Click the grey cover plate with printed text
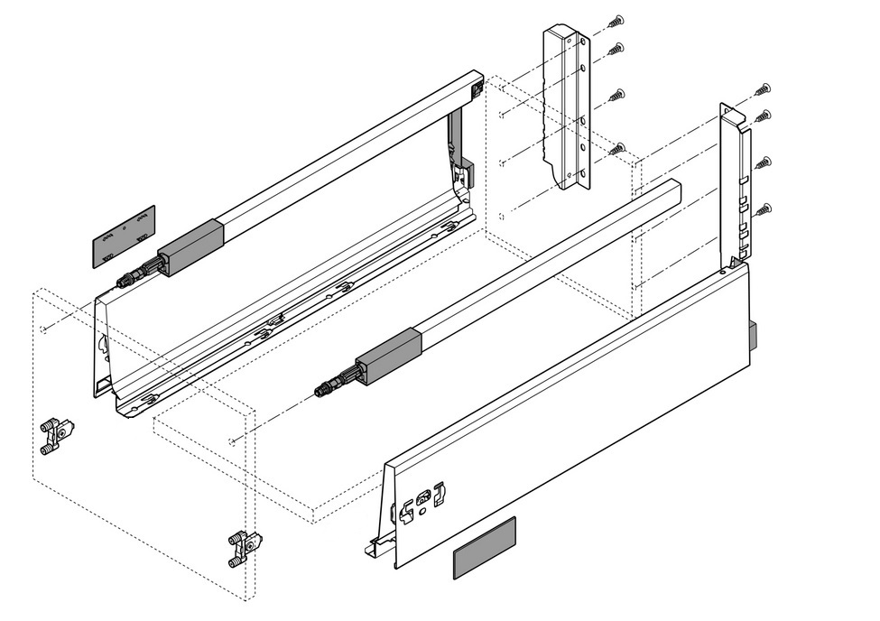coord(124,236)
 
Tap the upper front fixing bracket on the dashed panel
coord(57,434)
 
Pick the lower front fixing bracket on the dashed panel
coord(245,546)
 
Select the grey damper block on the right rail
coord(389,356)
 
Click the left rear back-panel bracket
coord(565,108)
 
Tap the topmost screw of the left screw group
coord(617,20)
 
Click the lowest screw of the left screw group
coord(619,147)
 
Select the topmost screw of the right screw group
coord(764,89)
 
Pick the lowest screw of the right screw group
coord(764,210)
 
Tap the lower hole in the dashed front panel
coord(234,441)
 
